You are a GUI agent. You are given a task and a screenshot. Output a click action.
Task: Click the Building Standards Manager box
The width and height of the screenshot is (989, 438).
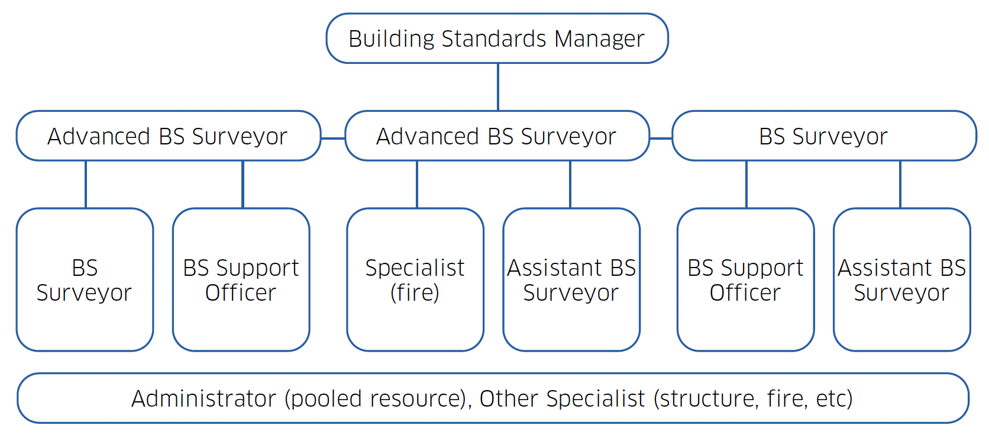497,38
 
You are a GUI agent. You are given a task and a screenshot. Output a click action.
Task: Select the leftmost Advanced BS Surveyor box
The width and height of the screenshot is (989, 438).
168,136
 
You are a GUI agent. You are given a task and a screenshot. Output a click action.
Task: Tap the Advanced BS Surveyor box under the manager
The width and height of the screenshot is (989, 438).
497,136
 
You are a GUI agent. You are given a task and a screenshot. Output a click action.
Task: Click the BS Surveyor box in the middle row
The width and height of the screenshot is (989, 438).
823,136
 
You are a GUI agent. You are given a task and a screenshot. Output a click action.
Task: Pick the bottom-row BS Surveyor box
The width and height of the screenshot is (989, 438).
85,280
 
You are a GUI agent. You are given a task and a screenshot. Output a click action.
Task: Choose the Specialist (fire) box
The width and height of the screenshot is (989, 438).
415,280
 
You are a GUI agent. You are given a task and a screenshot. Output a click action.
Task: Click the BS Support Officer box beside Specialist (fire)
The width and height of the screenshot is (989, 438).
241,280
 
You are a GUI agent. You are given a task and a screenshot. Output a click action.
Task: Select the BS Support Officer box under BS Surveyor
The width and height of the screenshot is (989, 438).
745,280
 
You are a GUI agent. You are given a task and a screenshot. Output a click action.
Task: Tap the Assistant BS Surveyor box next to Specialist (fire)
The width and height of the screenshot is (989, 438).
571,280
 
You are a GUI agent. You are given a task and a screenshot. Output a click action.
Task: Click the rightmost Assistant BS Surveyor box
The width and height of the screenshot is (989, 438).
901,280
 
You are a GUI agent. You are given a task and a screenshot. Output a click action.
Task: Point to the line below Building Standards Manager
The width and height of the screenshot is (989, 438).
498,87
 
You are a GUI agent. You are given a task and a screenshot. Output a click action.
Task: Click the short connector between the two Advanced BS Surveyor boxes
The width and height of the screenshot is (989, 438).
333,139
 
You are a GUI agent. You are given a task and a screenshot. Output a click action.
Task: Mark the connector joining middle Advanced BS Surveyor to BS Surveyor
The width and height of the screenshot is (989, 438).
661,139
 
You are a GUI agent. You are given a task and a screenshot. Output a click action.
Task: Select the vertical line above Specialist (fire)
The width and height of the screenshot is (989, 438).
417,184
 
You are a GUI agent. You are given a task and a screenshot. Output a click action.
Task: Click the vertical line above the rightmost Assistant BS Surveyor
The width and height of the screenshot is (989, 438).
900,184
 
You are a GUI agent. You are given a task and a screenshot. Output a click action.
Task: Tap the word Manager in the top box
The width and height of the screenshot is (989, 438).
599,39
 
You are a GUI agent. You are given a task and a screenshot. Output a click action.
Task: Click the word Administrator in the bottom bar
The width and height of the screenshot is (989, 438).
203,399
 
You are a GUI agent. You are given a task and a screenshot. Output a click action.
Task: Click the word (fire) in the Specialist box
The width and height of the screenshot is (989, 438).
415,293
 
